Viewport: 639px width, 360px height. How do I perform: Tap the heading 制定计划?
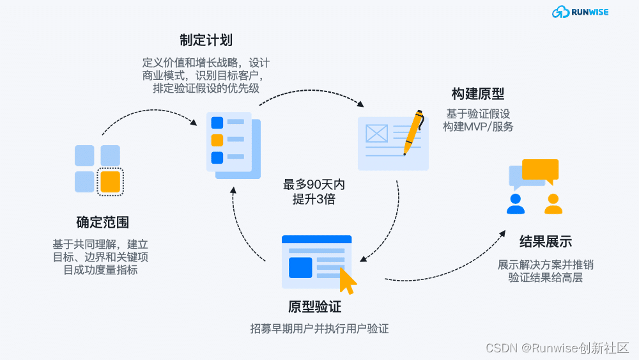tap(206, 40)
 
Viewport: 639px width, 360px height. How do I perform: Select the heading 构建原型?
tap(477, 94)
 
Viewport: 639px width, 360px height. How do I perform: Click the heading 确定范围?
tap(102, 223)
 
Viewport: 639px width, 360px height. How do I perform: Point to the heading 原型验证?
tap(315, 307)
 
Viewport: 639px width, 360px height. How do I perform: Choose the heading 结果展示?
tap(545, 242)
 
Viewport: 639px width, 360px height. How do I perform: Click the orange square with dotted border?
tap(111, 182)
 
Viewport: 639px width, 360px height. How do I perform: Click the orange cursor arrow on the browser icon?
tap(348, 280)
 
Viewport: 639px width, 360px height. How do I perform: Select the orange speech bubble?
tap(540, 169)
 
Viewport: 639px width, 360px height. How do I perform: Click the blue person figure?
tap(515, 203)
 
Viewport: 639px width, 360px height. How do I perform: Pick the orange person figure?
tap(553, 203)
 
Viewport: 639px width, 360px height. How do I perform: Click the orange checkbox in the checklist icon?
tap(217, 140)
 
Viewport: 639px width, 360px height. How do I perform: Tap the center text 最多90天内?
tap(314, 185)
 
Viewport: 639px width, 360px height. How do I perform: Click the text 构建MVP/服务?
tap(477, 127)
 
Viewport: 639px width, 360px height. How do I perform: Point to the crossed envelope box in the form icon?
tap(376, 133)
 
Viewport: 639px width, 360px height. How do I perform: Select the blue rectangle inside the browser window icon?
tap(300, 267)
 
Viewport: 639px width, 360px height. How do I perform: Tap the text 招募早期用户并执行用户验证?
tap(319, 329)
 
